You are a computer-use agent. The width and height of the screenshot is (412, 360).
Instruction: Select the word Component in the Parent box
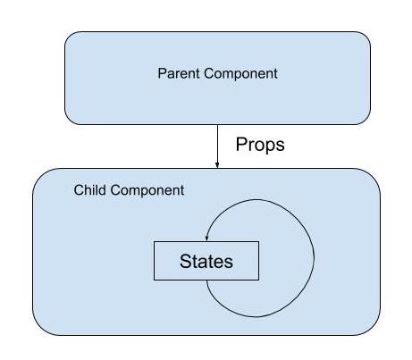point(240,74)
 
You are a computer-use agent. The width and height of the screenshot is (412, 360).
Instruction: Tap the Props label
point(260,145)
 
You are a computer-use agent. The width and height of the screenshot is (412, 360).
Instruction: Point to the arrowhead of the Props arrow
point(217,165)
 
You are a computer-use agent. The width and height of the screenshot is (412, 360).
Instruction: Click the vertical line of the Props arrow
point(217,147)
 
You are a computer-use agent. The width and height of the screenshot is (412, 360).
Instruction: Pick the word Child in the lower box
point(90,190)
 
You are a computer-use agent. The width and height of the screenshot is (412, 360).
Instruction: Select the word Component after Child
point(147,190)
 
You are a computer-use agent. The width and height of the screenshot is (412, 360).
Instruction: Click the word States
point(206,261)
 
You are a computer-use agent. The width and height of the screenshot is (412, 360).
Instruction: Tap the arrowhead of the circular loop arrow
point(206,238)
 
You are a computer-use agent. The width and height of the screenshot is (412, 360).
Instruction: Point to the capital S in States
point(185,261)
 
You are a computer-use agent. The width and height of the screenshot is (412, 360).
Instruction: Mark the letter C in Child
point(79,190)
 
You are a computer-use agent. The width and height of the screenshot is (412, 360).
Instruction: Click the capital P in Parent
point(162,73)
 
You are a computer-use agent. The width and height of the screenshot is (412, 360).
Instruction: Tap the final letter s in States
point(229,263)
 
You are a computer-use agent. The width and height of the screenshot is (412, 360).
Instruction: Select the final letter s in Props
point(281,147)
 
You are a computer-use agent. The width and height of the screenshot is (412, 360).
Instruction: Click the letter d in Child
point(103,190)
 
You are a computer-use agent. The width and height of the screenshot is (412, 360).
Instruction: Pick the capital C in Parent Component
point(209,73)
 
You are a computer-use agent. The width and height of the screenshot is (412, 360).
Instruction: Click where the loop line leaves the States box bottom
point(206,280)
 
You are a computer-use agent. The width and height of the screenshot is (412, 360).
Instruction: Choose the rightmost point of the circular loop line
point(314,256)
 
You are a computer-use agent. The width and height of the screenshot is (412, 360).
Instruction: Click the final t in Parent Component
point(275,74)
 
